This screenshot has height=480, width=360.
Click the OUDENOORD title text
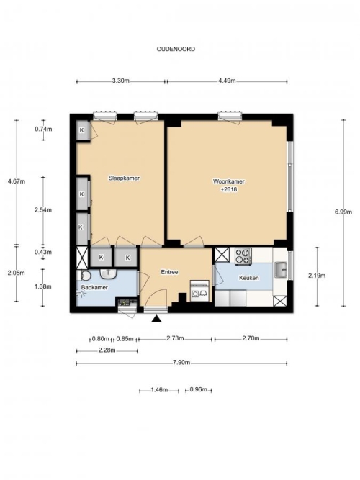tap(176, 49)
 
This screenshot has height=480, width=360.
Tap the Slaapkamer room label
tap(124, 178)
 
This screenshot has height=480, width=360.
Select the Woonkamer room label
tap(229, 181)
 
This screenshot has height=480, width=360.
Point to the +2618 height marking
tap(229, 189)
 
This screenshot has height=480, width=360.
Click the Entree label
tap(170, 272)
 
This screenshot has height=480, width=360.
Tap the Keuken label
tap(249, 278)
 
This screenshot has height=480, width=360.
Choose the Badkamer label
tap(94, 287)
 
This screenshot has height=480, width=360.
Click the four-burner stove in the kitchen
tap(243, 256)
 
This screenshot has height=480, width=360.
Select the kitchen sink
tap(280, 270)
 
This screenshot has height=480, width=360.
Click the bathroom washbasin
tap(108, 273)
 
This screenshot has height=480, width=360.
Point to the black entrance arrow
tap(156, 319)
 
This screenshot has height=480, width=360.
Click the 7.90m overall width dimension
tap(181, 363)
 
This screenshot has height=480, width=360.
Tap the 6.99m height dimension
tap(343, 212)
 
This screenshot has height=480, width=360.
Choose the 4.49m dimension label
tap(227, 81)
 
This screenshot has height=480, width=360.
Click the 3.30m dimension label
tap(121, 81)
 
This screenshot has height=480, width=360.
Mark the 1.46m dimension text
tap(159, 390)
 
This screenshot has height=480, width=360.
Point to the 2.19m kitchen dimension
tap(317, 276)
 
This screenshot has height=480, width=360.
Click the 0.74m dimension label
tap(43, 130)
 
